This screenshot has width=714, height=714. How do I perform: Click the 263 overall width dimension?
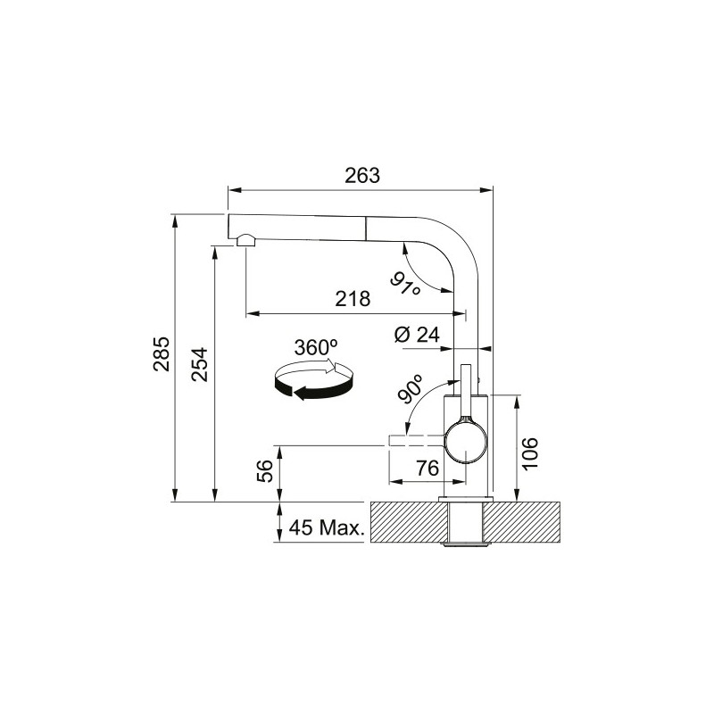coord(362,176)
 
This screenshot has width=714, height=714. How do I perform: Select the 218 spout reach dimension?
coord(353,299)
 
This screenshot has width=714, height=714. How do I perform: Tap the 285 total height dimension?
coord(161,356)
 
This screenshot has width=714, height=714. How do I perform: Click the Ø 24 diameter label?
coord(417,335)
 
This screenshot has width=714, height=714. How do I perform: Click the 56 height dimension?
coord(265,472)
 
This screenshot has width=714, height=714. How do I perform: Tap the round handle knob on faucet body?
coord(466,444)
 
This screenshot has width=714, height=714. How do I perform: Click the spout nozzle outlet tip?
coord(245,240)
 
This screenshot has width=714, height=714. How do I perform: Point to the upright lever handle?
coord(464,392)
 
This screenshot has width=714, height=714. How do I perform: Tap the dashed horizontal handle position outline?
coord(418,442)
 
